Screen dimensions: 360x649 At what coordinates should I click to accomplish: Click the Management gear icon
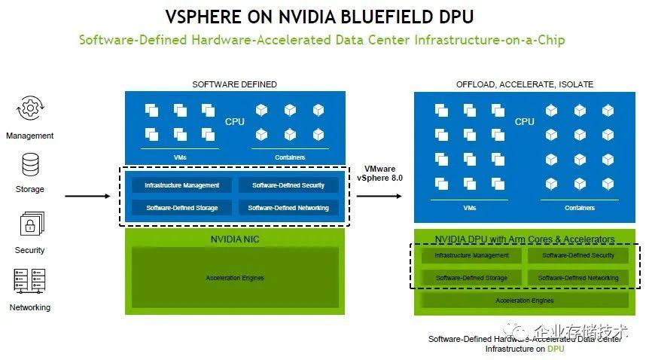(30, 110)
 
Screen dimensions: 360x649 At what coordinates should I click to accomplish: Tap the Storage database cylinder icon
(30, 165)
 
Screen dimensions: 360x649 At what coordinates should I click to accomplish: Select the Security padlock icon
(30, 224)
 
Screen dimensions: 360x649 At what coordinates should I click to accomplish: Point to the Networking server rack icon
(30, 281)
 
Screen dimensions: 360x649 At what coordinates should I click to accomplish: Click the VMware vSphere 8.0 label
(385, 175)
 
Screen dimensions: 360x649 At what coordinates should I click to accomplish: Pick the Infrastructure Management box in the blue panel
(182, 185)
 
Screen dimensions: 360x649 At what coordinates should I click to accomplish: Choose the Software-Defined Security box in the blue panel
(288, 185)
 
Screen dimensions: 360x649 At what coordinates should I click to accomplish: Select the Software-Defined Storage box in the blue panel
(182, 208)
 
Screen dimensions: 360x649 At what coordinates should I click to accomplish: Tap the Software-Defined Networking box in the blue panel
(288, 208)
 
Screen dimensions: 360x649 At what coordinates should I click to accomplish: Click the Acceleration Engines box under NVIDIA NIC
(235, 279)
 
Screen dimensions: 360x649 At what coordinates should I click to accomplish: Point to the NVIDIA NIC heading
(235, 239)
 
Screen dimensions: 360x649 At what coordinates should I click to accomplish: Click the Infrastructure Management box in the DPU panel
(471, 256)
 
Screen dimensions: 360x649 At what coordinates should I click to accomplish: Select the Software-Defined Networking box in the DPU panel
(578, 278)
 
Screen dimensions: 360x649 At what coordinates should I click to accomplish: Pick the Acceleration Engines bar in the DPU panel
(525, 301)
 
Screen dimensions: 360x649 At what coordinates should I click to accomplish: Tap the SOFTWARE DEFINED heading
(234, 84)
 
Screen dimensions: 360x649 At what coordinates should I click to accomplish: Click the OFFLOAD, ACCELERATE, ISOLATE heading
(524, 84)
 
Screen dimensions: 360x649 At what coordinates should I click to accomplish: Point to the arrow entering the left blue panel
(91, 197)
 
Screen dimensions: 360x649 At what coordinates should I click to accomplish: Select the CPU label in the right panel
(525, 121)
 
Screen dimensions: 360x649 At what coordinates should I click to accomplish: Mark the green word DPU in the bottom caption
(555, 349)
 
